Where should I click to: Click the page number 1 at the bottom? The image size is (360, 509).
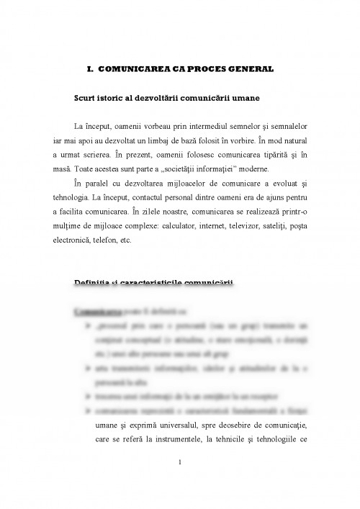180,473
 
